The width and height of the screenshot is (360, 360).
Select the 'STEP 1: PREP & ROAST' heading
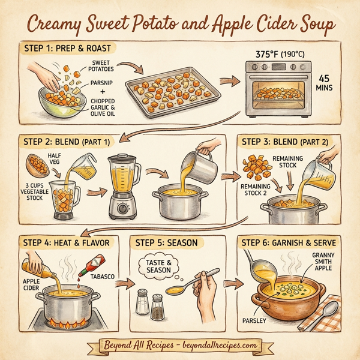tap(65, 47)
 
